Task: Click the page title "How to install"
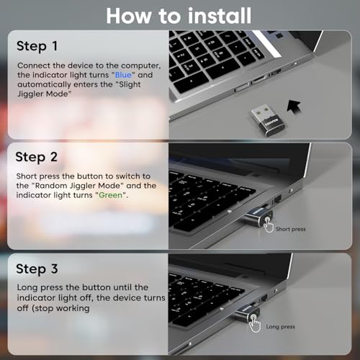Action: pos(179,16)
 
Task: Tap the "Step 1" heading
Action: pos(37,46)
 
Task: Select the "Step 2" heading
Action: pos(37,157)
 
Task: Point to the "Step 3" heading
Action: pos(37,269)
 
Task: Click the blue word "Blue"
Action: pos(123,75)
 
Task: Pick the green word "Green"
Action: pos(110,195)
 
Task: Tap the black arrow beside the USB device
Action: pos(294,107)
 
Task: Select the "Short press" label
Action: pos(291,229)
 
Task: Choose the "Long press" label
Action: pos(280,327)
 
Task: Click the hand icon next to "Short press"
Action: pos(269,225)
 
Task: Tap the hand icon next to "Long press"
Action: pos(255,324)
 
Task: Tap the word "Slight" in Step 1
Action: pos(130,84)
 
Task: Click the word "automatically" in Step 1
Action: pos(44,84)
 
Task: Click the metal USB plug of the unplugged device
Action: pos(261,112)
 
